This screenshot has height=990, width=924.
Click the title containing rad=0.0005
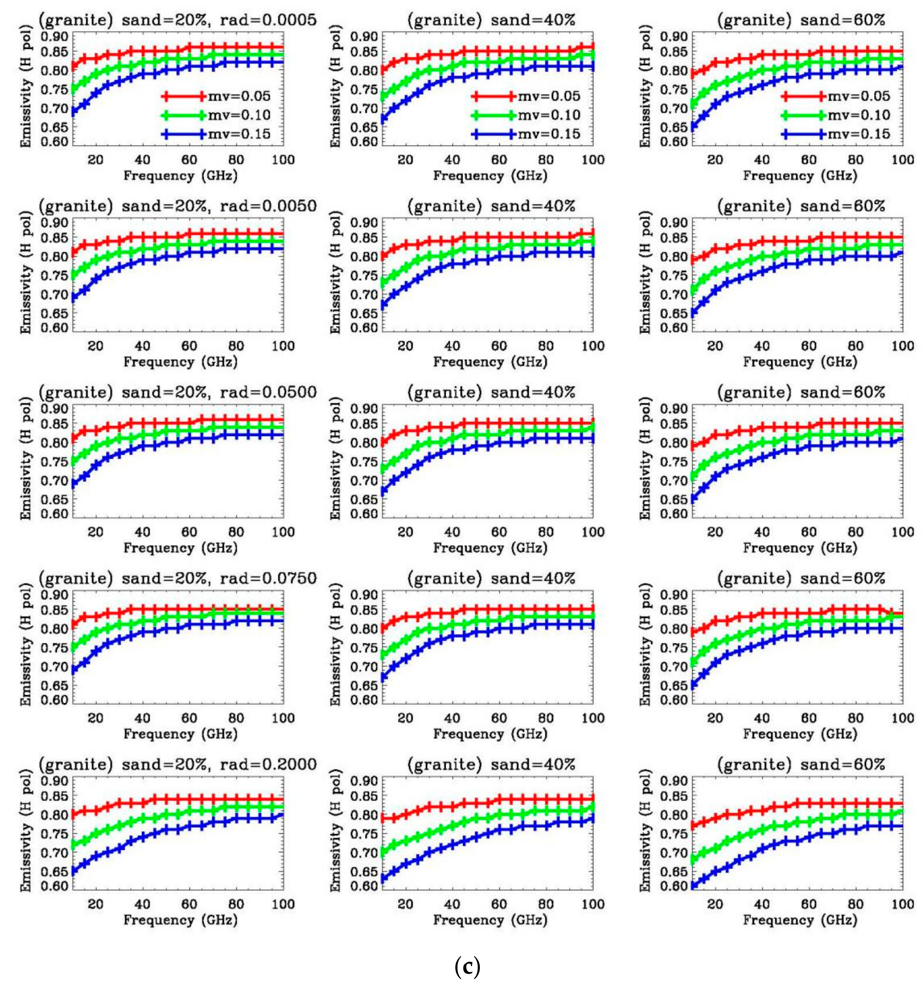pos(177,20)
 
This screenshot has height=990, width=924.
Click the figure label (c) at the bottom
pos(467,967)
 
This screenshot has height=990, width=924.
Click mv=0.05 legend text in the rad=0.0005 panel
pos(239,96)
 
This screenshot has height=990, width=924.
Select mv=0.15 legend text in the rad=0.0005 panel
pos(239,134)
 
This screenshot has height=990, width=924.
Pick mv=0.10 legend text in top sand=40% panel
pos(549,115)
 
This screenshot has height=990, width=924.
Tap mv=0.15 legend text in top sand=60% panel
pos(859,134)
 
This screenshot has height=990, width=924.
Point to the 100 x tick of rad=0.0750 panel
pos(283,718)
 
